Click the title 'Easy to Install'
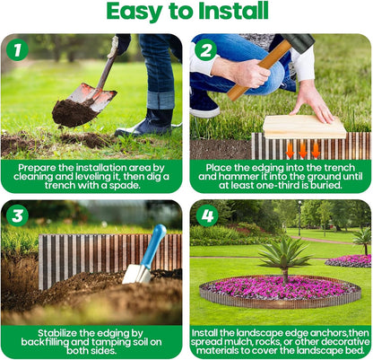186,12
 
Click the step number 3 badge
17,215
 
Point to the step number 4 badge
205,215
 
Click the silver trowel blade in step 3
137,273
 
